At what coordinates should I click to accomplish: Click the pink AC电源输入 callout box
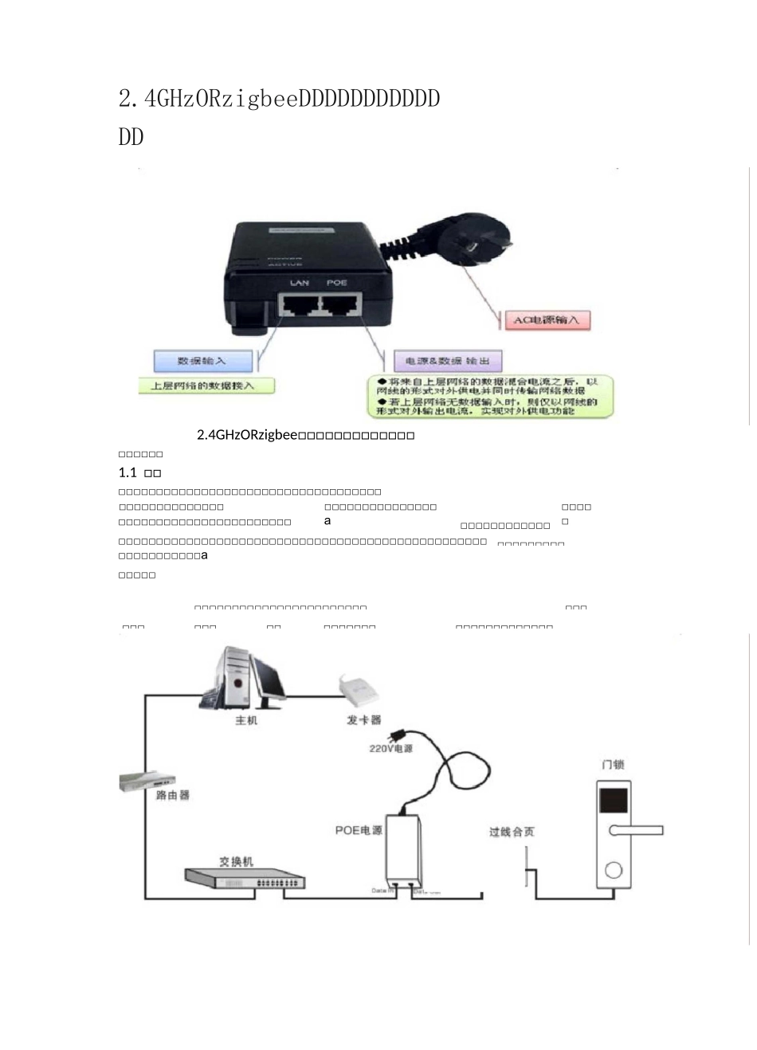(547, 320)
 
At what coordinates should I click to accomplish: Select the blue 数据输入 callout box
(202, 361)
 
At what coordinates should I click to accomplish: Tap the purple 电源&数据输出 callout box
(448, 361)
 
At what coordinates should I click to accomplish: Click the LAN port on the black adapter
(299, 304)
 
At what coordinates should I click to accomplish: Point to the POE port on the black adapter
(339, 304)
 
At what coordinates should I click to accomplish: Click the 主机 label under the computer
(246, 720)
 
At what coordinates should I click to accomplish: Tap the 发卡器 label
(363, 720)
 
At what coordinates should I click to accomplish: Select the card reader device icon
(359, 690)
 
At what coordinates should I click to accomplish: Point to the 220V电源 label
(390, 749)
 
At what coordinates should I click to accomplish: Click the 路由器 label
(172, 795)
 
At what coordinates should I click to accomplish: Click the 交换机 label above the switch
(236, 861)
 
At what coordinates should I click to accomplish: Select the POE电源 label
(359, 830)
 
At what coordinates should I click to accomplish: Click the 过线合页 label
(512, 832)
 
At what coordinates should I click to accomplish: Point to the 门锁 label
(613, 765)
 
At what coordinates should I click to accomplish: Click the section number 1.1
(127, 472)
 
